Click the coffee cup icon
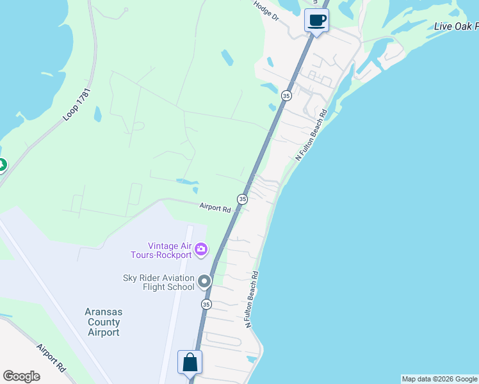click(x=316, y=20)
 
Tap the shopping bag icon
click(x=190, y=362)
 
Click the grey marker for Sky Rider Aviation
click(x=204, y=281)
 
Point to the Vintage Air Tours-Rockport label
click(x=170, y=250)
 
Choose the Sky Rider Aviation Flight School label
click(x=159, y=282)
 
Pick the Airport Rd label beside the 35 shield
click(x=215, y=207)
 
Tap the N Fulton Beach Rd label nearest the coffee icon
click(x=311, y=134)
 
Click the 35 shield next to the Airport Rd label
click(x=242, y=199)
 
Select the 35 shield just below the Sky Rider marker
click(x=206, y=304)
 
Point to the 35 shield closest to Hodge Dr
click(x=286, y=95)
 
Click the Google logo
click(x=21, y=376)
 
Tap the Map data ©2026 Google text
click(x=440, y=379)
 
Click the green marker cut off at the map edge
click(x=2, y=166)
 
